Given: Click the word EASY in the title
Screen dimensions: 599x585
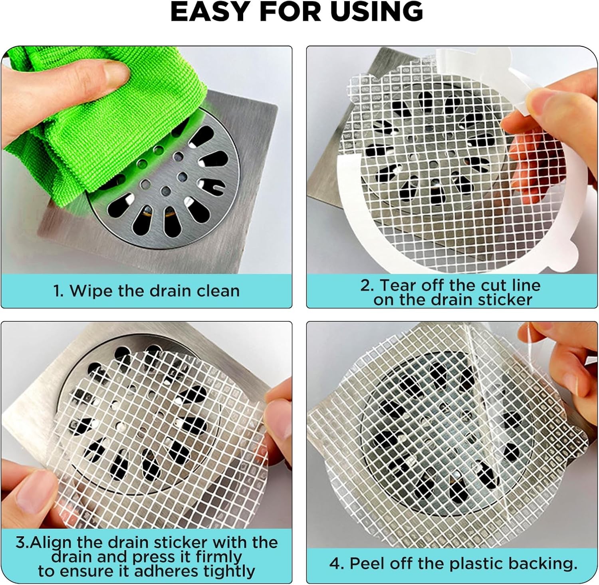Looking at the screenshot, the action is [x=210, y=12].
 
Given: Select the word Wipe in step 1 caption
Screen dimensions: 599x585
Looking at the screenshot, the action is [x=91, y=291].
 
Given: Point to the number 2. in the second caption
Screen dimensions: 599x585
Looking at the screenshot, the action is [x=367, y=285].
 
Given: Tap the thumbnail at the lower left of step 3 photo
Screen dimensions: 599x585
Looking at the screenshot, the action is [x=34, y=482].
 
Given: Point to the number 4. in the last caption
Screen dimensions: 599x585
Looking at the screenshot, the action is [x=337, y=564].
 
